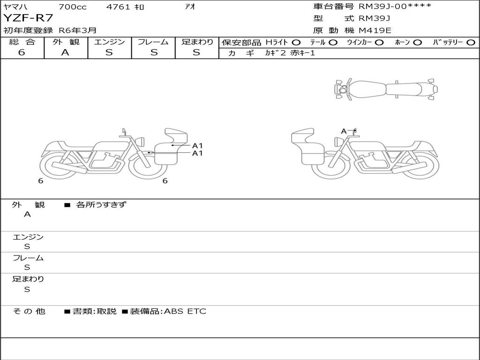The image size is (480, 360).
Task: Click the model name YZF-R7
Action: [28, 18]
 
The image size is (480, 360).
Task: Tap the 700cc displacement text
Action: [73, 7]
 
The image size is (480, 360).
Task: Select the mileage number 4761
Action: [118, 7]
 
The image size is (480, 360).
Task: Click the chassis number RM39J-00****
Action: [395, 6]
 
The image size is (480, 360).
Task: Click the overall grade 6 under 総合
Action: [22, 52]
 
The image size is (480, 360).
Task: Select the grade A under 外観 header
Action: [65, 52]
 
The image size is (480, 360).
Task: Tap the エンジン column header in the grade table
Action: [109, 42]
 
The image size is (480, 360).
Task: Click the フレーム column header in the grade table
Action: [153, 42]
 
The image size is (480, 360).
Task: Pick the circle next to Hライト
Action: [296, 43]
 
